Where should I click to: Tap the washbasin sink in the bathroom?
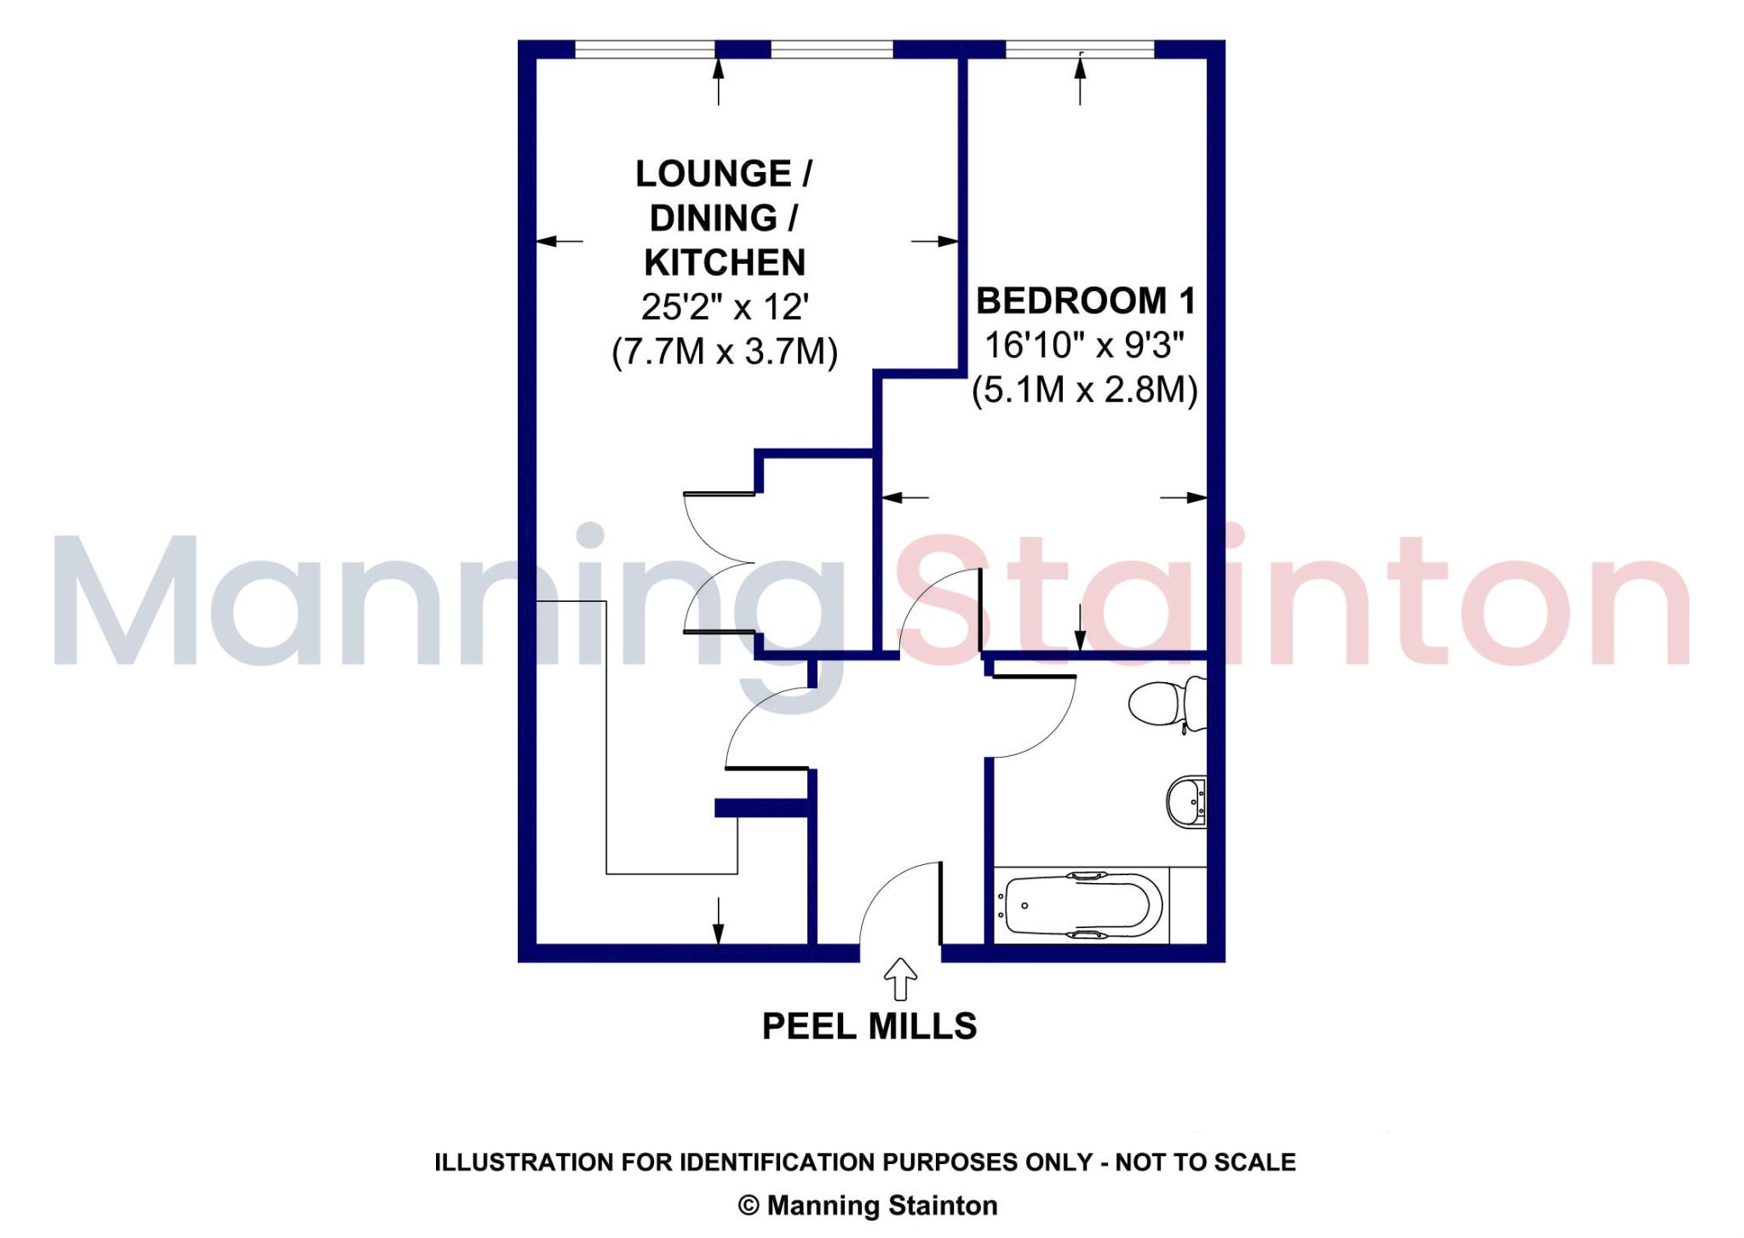[x=1186, y=801]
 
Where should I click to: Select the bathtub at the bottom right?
[x=1082, y=906]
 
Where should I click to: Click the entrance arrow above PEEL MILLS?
[x=900, y=978]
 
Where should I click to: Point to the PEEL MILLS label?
[x=869, y=1026]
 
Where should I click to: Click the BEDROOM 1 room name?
[x=1086, y=301]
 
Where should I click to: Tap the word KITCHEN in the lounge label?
[x=725, y=262]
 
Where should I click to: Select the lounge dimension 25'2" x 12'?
[x=725, y=307]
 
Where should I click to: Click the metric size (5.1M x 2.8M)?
[x=1085, y=390]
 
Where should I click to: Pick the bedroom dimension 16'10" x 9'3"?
[x=1085, y=346]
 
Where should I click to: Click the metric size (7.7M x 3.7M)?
[x=725, y=351]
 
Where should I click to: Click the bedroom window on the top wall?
[x=1080, y=49]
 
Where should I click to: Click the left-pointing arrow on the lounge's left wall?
[x=559, y=241]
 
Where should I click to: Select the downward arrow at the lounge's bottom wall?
[x=718, y=921]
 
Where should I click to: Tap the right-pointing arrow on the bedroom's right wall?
[x=1185, y=497]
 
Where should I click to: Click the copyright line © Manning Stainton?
[x=868, y=1206]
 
